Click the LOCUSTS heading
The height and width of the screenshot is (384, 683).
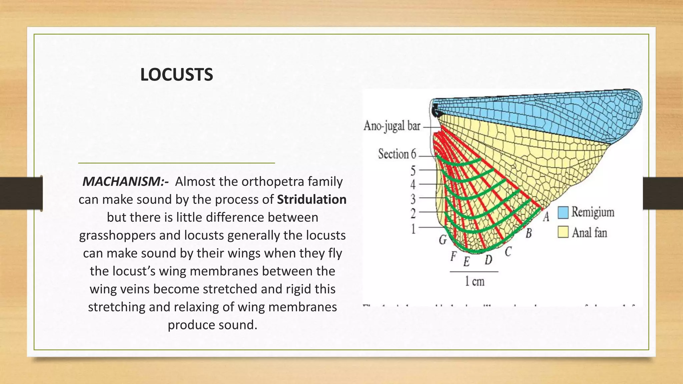coord(176,75)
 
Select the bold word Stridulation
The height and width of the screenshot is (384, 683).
coord(311,199)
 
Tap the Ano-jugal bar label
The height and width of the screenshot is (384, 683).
coord(392,126)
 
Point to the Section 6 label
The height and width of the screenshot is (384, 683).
coord(397,154)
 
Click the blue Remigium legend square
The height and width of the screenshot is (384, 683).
coord(563,212)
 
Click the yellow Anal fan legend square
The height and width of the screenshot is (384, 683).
coord(563,232)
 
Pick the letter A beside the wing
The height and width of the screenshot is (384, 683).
coord(546,217)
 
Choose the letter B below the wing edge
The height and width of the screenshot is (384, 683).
coord(529,233)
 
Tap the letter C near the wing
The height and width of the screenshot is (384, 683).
coord(508,252)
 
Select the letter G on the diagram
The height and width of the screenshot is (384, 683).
coord(443,239)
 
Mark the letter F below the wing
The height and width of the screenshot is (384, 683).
coord(453,256)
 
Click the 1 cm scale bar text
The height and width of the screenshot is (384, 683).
coord(474,282)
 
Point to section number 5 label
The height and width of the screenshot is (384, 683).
coord(413,171)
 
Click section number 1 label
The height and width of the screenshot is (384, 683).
coord(413,229)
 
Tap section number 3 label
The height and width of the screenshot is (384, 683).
coord(413,199)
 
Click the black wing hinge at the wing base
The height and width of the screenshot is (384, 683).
coord(436,110)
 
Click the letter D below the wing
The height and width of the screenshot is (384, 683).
coord(488,259)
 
